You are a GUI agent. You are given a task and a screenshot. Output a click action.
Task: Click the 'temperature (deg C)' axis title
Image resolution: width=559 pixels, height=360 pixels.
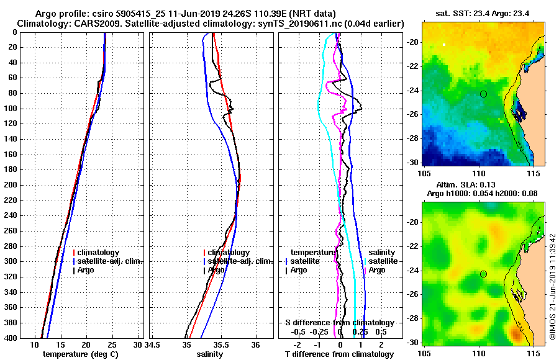click(x=81, y=354)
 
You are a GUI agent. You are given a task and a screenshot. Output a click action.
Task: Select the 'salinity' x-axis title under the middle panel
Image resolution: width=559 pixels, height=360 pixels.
click(x=210, y=354)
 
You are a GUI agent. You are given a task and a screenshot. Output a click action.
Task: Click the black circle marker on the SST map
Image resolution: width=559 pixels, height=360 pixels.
click(x=483, y=94)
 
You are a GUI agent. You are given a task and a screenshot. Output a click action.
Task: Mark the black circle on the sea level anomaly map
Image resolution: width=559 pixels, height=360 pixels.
click(x=483, y=274)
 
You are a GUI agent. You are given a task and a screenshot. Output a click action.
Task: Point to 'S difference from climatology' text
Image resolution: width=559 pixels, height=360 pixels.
click(x=339, y=323)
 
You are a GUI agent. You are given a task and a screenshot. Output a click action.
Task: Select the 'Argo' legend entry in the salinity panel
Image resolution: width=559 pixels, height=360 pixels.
click(x=216, y=270)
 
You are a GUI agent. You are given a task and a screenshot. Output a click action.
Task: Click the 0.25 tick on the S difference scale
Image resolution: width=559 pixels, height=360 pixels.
click(x=360, y=332)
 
